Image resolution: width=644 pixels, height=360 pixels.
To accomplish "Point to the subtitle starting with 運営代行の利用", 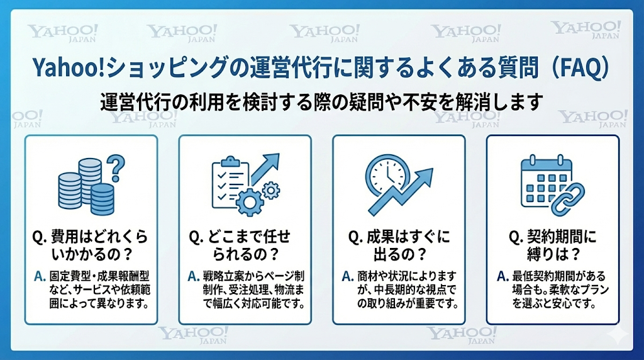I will point(321,102).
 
